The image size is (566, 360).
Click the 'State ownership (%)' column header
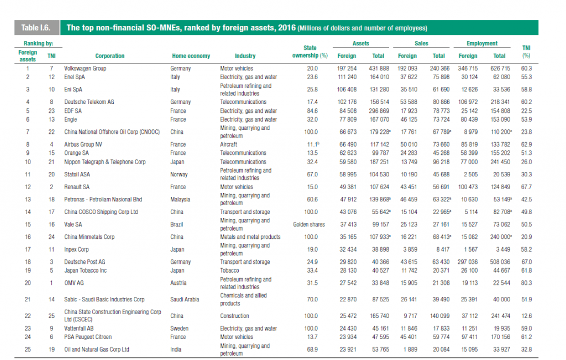click(x=310, y=51)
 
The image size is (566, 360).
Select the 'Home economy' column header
click(x=191, y=56)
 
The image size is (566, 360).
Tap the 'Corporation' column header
click(x=110, y=56)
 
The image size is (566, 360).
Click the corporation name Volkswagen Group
click(x=85, y=69)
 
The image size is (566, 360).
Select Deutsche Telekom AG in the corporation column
click(x=89, y=102)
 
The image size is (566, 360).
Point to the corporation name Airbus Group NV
click(x=83, y=145)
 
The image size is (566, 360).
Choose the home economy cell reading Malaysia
click(x=181, y=199)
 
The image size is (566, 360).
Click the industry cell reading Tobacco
click(x=230, y=270)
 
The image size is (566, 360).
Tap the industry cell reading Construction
click(x=234, y=316)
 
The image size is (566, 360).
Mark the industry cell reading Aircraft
click(x=229, y=145)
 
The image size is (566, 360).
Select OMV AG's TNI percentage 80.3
click(x=526, y=283)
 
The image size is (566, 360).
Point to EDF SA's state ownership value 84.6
click(x=311, y=111)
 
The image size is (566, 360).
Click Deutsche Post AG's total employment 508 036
click(x=499, y=262)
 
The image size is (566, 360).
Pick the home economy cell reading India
click(x=175, y=349)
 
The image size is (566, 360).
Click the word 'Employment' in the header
click(x=482, y=44)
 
